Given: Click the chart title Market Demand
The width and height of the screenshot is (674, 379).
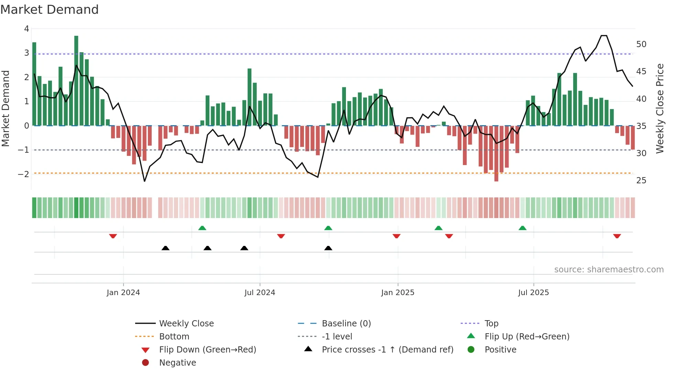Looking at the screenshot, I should [50, 10].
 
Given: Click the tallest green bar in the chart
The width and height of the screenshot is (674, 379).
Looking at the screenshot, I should [76, 81].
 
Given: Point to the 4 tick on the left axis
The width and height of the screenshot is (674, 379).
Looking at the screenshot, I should [26, 29].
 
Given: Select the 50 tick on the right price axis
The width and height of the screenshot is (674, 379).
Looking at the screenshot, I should [641, 44].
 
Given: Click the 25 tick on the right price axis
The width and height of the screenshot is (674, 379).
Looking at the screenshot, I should [641, 181].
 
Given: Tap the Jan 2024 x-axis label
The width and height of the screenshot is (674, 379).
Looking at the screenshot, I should [123, 293].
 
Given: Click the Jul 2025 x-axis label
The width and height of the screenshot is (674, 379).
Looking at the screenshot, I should [533, 293].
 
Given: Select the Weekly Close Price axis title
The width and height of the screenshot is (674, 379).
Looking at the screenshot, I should [660, 108].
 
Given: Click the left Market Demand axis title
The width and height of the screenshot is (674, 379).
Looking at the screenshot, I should [6, 108].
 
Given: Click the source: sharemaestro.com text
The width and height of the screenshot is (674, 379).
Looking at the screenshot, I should [609, 270].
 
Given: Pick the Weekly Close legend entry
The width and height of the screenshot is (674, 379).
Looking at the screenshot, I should [186, 324].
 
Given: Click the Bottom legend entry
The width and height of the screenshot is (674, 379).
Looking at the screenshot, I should [174, 337].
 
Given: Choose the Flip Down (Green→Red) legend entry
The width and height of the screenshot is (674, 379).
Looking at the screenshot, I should [207, 350].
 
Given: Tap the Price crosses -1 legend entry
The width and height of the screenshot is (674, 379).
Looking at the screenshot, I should [387, 350].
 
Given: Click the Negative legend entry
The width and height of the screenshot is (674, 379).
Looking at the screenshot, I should [177, 363].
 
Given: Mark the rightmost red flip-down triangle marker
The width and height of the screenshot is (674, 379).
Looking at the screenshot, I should [617, 236].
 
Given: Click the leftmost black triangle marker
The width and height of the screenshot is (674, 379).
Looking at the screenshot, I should [165, 248].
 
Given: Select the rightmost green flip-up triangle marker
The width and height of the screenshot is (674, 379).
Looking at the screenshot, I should [522, 228].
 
